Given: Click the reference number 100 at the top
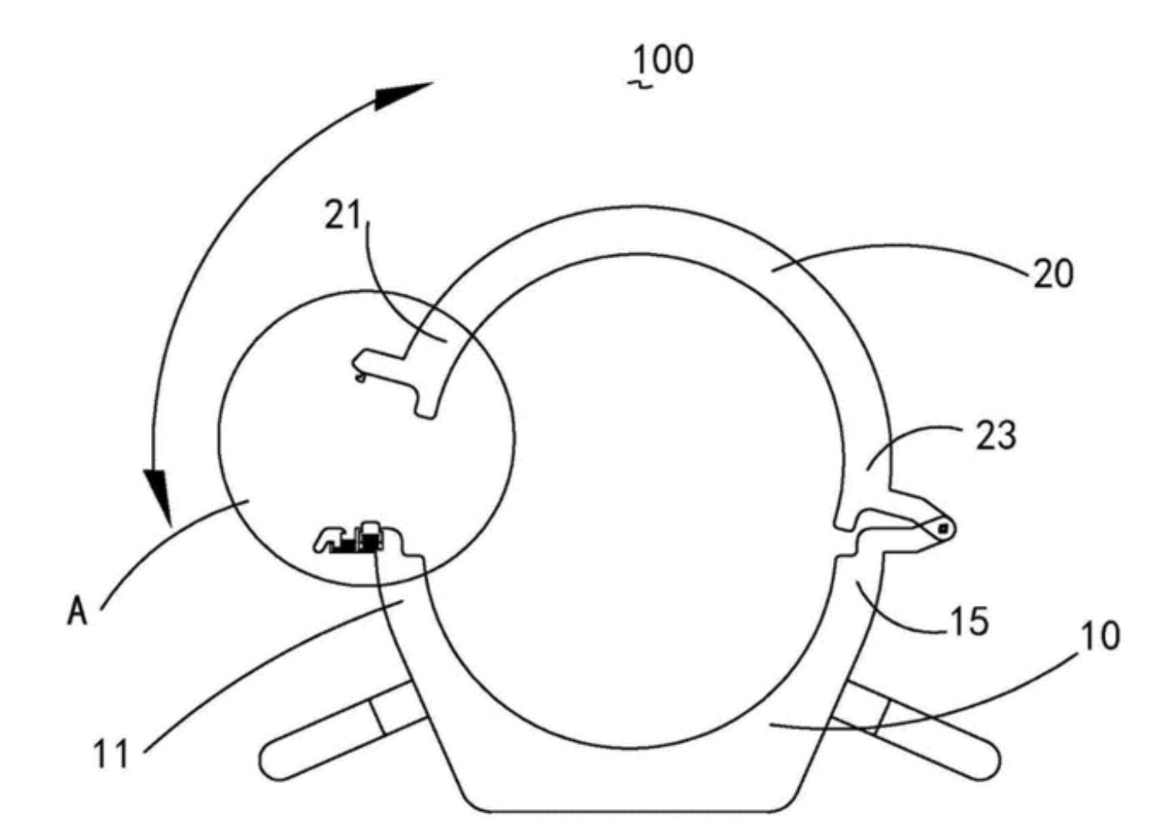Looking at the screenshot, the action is point(664,59).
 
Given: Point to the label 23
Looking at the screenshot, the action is point(996,435).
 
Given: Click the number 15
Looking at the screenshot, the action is point(969,621).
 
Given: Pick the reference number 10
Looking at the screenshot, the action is point(1101,636).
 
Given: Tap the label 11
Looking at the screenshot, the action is point(110,754).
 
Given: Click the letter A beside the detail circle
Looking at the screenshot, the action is point(77,613).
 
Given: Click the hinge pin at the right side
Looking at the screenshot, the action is point(943,527).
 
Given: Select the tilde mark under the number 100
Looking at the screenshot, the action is point(640,84).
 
